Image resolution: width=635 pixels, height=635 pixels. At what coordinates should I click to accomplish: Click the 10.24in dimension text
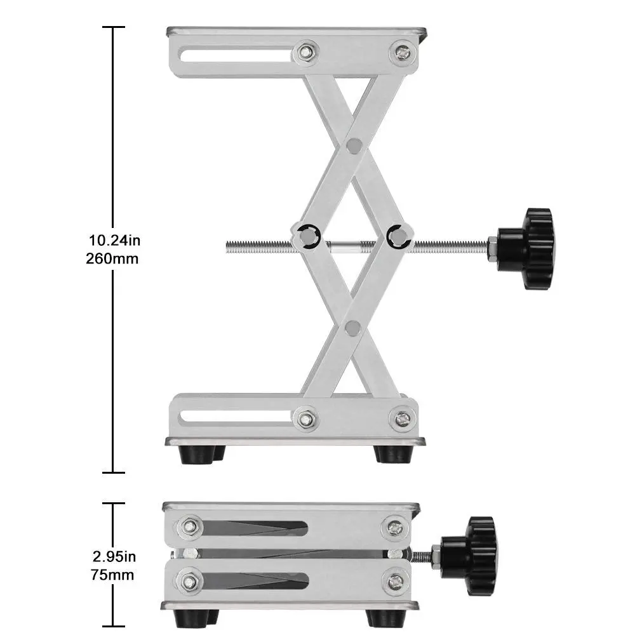point(114,240)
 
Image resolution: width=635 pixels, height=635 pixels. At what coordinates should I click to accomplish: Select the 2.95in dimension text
point(114,557)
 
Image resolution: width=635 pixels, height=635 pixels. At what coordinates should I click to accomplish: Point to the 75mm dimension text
point(113,575)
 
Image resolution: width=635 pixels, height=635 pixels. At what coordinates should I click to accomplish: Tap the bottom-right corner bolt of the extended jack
point(401,418)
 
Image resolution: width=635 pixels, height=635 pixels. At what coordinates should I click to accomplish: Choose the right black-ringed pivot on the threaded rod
point(398,236)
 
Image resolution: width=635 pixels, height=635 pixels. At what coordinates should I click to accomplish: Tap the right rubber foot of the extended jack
point(392,453)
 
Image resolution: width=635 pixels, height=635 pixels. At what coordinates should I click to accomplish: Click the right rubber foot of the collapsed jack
point(383,617)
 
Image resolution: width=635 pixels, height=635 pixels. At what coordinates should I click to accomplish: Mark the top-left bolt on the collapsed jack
point(189,526)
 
